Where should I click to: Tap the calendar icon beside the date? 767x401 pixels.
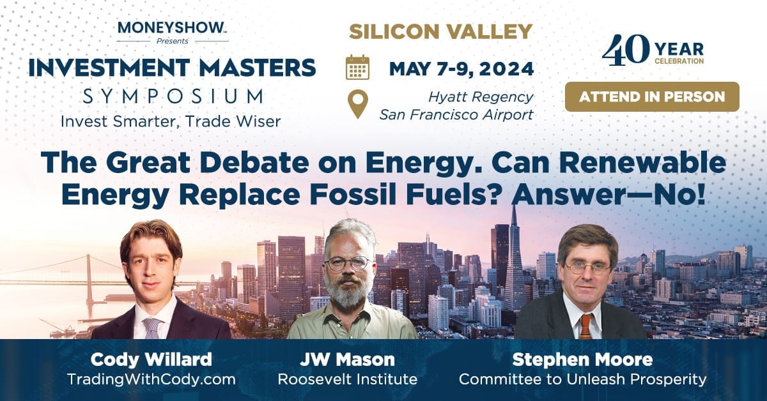(x=357, y=67)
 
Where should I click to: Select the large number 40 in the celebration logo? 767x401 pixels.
(x=626, y=50)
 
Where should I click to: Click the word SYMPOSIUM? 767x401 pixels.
(x=173, y=96)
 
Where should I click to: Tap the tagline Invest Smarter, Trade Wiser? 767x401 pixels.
(x=171, y=121)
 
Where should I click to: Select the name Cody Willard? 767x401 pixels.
(x=151, y=359)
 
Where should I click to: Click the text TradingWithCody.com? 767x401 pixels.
(x=151, y=379)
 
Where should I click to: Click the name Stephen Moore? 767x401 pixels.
(x=582, y=359)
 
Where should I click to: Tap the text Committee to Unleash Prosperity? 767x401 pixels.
(x=582, y=379)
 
